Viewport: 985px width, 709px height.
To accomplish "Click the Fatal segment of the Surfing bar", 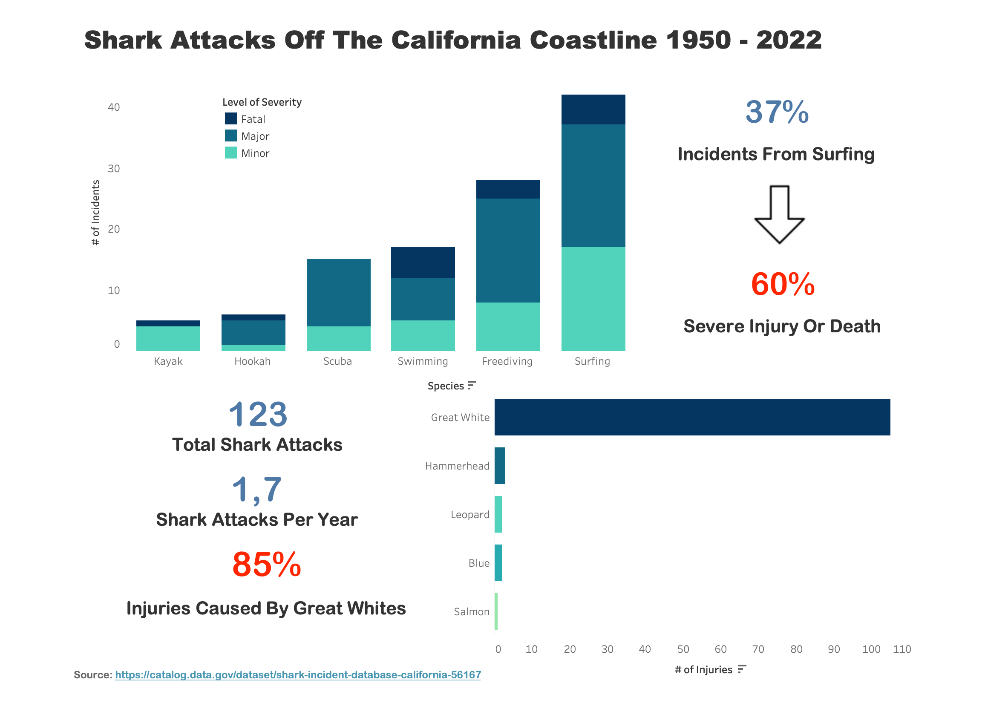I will [x=593, y=110].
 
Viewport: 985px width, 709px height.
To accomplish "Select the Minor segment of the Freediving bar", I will [x=508, y=327].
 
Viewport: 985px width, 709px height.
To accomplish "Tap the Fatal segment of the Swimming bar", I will [x=423, y=262].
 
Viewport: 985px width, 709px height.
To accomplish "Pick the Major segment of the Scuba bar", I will [x=338, y=292].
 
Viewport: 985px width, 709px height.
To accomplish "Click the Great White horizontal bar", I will [x=692, y=417].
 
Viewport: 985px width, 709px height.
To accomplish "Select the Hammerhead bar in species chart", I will [x=500, y=466].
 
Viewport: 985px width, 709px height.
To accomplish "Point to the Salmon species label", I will [x=471, y=612].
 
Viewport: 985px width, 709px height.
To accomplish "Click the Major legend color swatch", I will [x=230, y=136].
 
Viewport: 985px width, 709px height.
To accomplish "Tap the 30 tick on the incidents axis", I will [x=114, y=169].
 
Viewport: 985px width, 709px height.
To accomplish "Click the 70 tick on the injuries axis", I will [x=758, y=649].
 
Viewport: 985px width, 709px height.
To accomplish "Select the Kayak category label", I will [x=168, y=361].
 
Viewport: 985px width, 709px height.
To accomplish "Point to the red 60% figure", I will [x=783, y=284].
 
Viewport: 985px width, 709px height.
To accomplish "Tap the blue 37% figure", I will [x=777, y=112].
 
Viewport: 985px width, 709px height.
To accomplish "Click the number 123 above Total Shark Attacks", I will [x=258, y=414].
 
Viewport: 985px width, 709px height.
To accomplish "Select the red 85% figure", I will [x=267, y=564].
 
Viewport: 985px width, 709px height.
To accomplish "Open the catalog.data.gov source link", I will [x=298, y=674].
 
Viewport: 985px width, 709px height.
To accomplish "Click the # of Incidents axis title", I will [x=95, y=213].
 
